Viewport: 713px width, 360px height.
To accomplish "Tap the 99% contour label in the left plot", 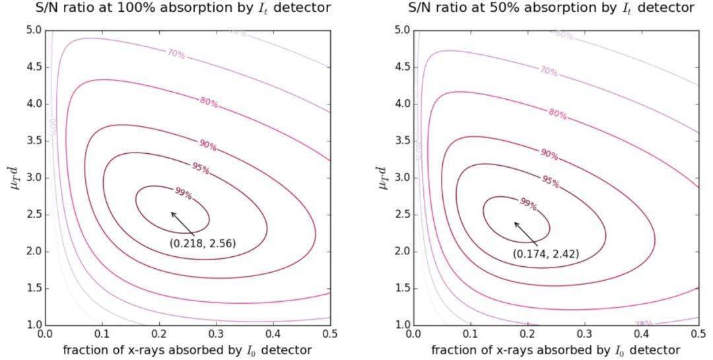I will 184,194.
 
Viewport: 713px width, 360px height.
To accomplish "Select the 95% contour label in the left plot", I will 200,168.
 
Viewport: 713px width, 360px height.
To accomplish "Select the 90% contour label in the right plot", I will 549,155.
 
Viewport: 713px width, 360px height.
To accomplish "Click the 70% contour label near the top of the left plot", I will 176,54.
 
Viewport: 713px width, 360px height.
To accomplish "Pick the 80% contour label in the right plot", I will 558,114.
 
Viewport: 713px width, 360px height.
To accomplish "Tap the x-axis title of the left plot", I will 187,349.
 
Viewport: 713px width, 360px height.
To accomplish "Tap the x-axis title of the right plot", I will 555,349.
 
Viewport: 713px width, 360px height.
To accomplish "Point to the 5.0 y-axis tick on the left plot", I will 34,30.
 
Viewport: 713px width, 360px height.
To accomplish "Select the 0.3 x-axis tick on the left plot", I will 215,335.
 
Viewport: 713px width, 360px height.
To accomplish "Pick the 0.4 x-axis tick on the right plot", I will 641,335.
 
